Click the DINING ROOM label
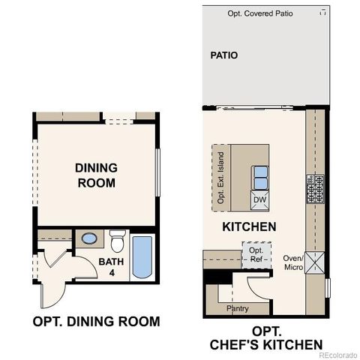pos(95,175)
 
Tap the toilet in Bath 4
pos(117,241)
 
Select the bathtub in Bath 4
pos(142,257)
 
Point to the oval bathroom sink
pos(89,240)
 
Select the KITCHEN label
pos(249,226)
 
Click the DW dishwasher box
pos(259,200)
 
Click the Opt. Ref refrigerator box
pos(256,255)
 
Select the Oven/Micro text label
pos(292,262)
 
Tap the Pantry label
pos(237,308)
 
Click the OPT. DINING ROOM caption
pos(96,322)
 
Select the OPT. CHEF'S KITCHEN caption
pos(261,337)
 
